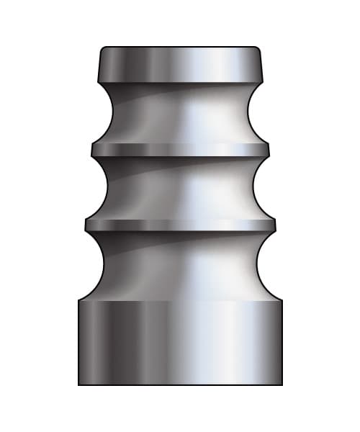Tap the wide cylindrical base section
(180, 342)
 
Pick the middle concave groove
(180, 187)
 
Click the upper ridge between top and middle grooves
(180, 149)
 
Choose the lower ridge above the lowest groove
(180, 225)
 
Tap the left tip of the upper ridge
(92, 149)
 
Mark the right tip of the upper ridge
(268, 149)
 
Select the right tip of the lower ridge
(274, 225)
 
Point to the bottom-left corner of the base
(78, 384)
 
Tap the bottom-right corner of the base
(282, 384)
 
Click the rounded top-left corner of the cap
(102, 50)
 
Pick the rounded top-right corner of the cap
(258, 50)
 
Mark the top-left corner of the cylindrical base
(78, 300)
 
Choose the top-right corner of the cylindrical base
(282, 300)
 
